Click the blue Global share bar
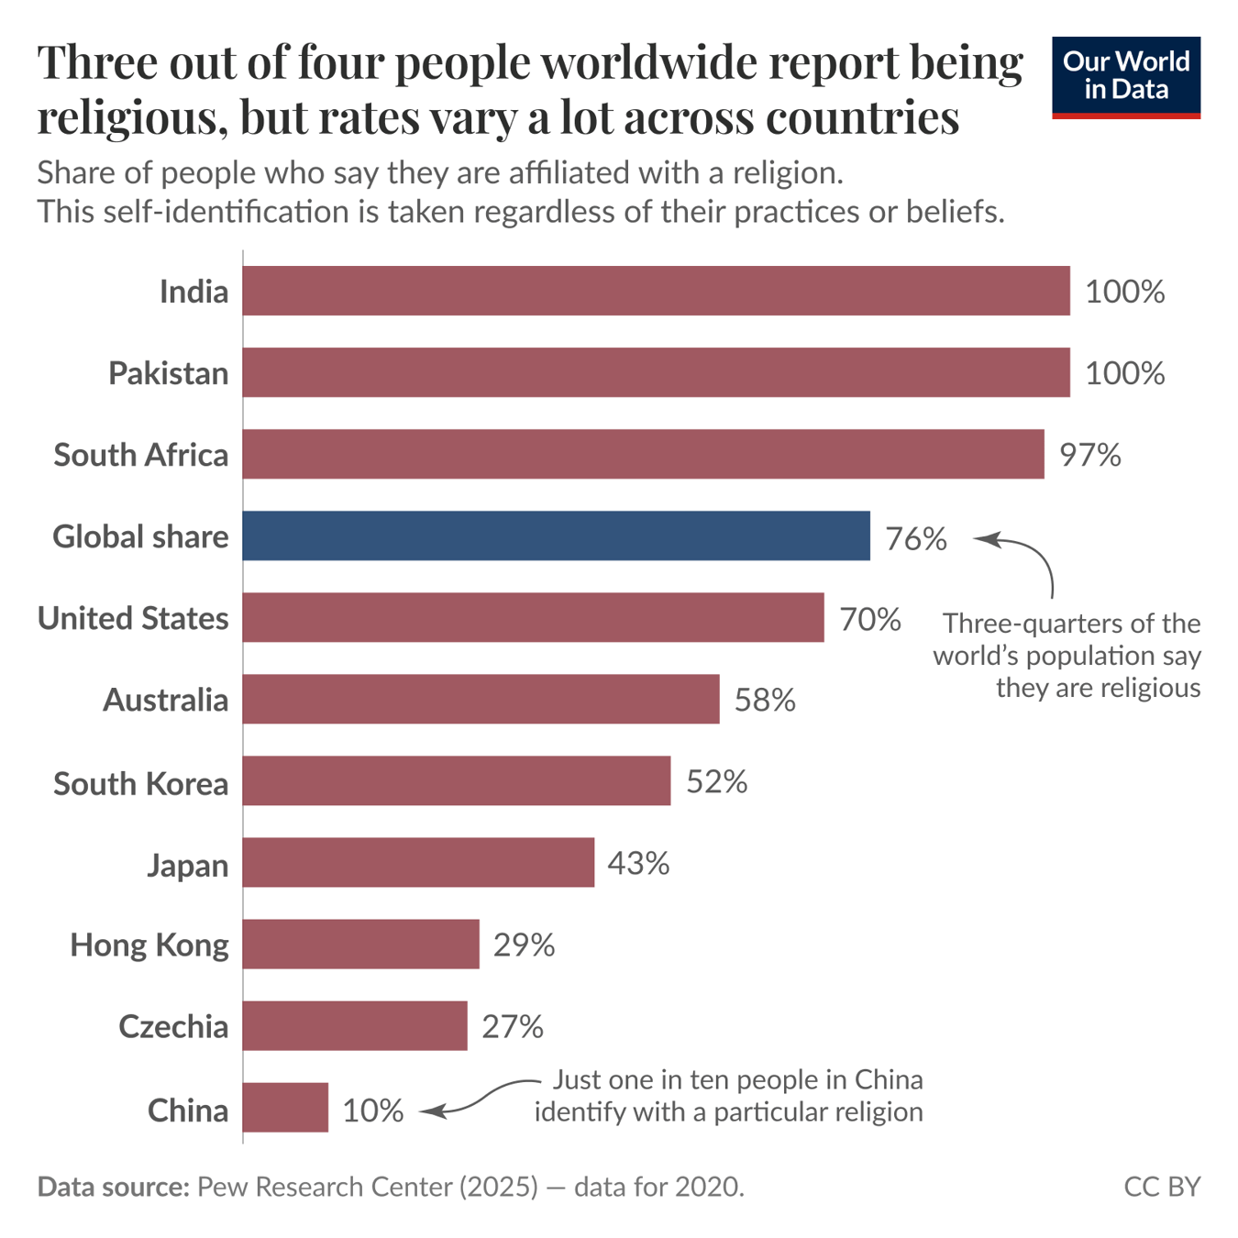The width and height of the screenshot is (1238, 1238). (556, 536)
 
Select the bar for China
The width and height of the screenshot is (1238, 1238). (285, 1108)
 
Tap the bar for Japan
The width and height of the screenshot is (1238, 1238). (418, 862)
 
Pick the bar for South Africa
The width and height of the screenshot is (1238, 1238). (643, 454)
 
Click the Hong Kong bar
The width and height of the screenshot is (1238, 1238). (360, 944)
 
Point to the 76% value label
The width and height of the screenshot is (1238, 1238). (915, 538)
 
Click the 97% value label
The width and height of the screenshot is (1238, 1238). (1089, 455)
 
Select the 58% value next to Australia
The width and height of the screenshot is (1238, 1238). (765, 701)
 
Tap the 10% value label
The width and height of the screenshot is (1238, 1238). (372, 1111)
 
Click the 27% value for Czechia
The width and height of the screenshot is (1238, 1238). (512, 1026)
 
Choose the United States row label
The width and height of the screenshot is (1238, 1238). (133, 618)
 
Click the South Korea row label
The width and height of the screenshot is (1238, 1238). (140, 783)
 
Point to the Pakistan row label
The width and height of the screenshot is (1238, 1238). (168, 373)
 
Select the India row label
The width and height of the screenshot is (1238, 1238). (193, 292)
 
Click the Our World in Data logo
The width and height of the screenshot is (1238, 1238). (1126, 77)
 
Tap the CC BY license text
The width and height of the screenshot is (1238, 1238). (1162, 1187)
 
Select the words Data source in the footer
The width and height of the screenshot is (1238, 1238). (113, 1187)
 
